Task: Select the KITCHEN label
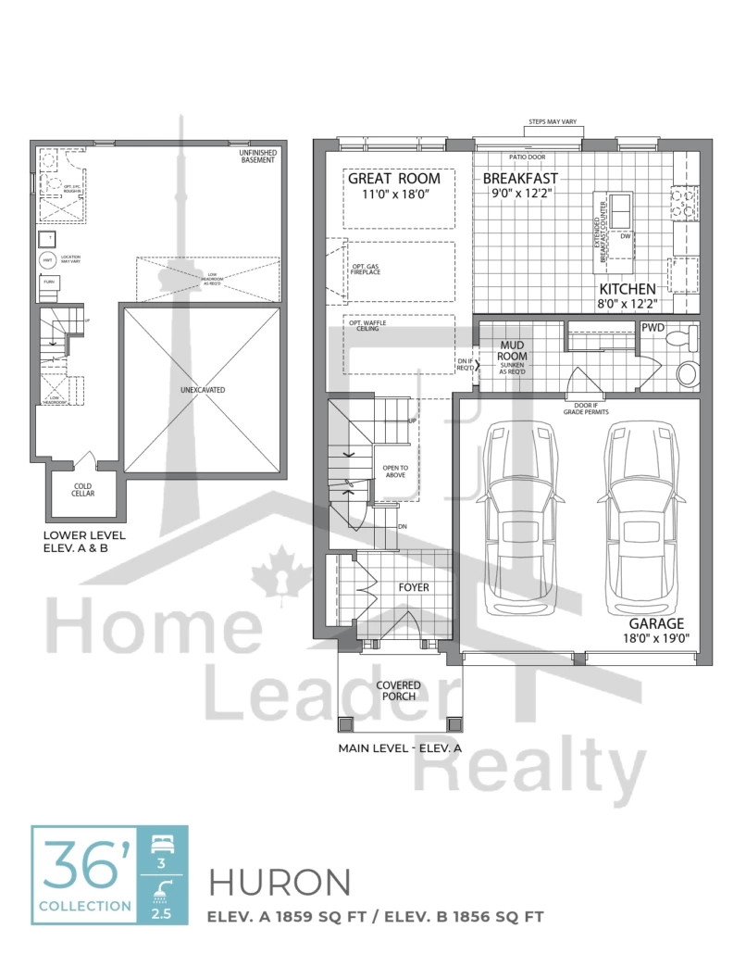coord(627,289)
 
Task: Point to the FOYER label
coord(413,587)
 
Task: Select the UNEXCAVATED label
coord(202,390)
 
